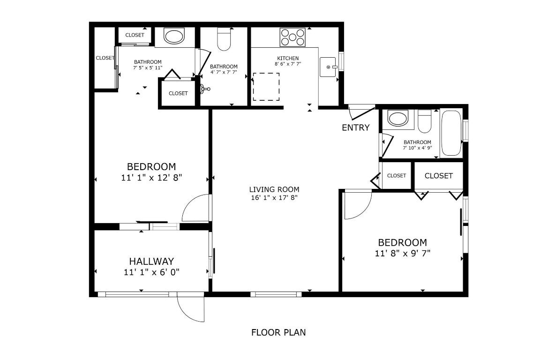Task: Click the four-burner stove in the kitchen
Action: (x=293, y=37)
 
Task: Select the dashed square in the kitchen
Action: (x=266, y=87)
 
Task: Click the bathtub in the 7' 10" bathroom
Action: (x=451, y=133)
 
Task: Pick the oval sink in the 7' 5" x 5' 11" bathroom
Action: (x=174, y=37)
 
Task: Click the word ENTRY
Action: (x=355, y=127)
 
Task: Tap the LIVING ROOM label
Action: (x=274, y=189)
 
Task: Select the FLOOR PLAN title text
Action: (x=278, y=332)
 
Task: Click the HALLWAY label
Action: (x=151, y=261)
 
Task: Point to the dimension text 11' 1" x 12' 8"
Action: (x=151, y=178)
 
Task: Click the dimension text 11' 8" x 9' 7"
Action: (x=402, y=254)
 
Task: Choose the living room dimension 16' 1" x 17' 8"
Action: (x=274, y=197)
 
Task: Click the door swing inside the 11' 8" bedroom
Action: (x=357, y=205)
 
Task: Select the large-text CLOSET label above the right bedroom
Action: (x=438, y=176)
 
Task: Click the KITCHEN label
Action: (x=287, y=58)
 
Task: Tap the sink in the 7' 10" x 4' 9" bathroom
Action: (x=398, y=119)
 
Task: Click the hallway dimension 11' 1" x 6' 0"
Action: (x=151, y=272)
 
